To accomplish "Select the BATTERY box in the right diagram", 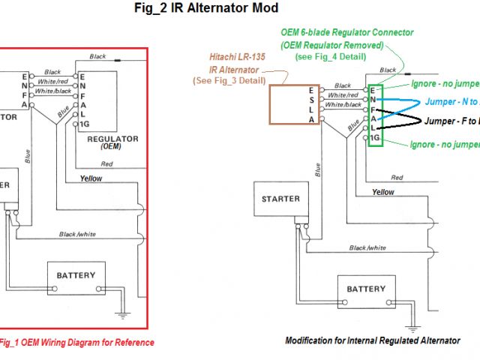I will (366, 289).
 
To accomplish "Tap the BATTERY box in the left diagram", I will (76, 277).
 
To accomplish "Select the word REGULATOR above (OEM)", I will (112, 139).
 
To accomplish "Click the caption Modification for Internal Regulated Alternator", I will (373, 340).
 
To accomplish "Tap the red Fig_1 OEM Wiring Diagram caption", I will (75, 343).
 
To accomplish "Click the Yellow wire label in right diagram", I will (383, 192).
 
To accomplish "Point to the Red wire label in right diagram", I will (397, 177).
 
